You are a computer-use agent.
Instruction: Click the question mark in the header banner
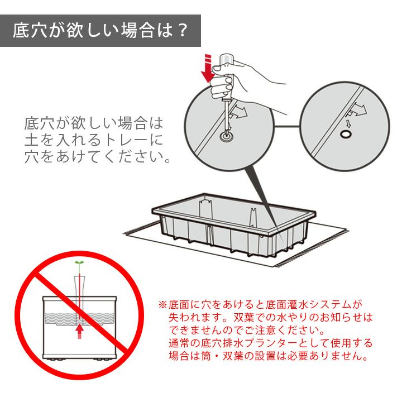[183, 30]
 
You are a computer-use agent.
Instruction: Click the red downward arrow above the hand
[208, 68]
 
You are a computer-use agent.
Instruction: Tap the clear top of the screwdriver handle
[226, 60]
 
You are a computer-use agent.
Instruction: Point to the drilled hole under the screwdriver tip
[227, 135]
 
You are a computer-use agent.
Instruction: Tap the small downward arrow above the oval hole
[348, 123]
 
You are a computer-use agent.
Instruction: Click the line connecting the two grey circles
[286, 126]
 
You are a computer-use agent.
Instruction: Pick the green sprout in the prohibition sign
[79, 263]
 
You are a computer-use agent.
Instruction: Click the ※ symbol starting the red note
[162, 305]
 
